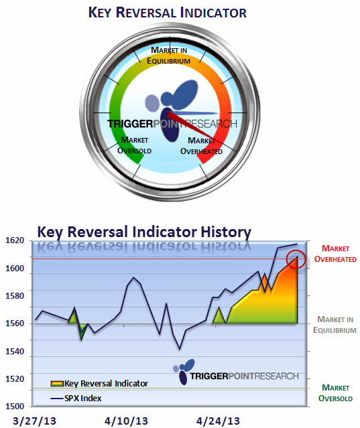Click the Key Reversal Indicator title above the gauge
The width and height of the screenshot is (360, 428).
pos(168,13)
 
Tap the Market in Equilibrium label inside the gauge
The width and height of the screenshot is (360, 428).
pos(169,56)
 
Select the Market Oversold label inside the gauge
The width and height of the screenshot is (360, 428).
pos(134,145)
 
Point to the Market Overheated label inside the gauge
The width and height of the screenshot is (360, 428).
pos(201,146)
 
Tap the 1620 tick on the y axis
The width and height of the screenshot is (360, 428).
pos(15,240)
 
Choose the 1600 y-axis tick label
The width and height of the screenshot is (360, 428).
pos(15,269)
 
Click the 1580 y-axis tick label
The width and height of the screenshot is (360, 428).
pos(15,295)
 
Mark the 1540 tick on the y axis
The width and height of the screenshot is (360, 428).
pos(15,351)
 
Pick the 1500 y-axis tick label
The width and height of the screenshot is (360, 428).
pos(15,406)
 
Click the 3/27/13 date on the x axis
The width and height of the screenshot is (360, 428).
pos(34,421)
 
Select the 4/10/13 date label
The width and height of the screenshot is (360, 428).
pos(126,421)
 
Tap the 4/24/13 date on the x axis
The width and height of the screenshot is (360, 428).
pos(218,421)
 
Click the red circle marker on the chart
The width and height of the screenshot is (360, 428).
pos(296,250)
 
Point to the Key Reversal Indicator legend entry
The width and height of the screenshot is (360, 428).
pos(99,384)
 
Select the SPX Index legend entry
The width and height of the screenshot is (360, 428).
pos(76,399)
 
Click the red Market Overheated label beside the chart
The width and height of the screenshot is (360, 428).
pos(335,254)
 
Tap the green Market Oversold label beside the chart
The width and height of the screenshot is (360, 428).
pos(335,393)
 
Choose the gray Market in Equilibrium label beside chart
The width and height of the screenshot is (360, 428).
pos(335,325)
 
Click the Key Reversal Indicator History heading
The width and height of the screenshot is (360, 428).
pos(144,232)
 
